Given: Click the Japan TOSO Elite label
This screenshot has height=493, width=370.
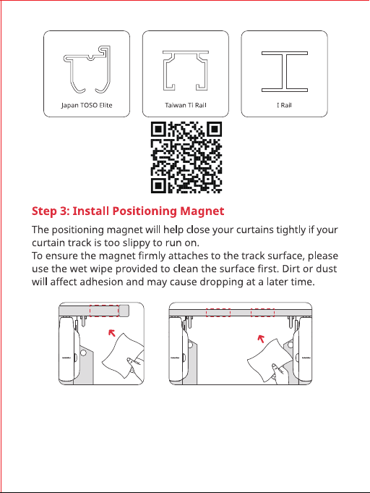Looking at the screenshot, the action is click(87, 105).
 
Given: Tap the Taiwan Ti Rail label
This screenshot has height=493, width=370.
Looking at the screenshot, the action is click(186, 105).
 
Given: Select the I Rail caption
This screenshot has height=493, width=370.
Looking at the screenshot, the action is click(284, 105).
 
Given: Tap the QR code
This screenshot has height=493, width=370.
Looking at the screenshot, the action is click(186, 157).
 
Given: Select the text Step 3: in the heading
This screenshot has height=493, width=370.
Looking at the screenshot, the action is click(51, 211).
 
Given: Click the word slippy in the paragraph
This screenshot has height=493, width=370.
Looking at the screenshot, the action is click(134, 243).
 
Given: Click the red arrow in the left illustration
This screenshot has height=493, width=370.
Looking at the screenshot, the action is click(112, 333).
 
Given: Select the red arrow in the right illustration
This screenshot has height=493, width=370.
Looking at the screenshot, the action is click(261, 339).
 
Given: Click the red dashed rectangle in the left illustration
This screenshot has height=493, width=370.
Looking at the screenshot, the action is click(104, 305).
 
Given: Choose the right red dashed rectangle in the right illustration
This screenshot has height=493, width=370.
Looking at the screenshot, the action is click(262, 309).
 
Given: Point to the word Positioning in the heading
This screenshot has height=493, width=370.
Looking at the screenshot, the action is click(145, 211).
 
